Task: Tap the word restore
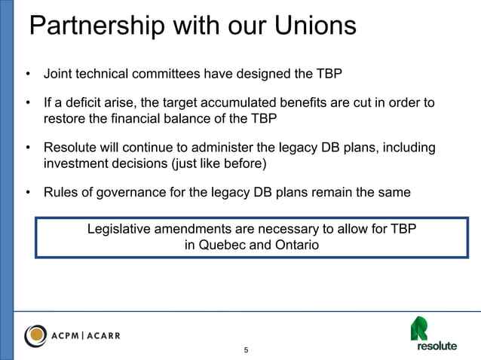tap(66, 118)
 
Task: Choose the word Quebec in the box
tap(223, 244)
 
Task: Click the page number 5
tap(245, 351)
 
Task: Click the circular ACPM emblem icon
tap(37, 334)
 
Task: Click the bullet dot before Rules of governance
tap(28, 193)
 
